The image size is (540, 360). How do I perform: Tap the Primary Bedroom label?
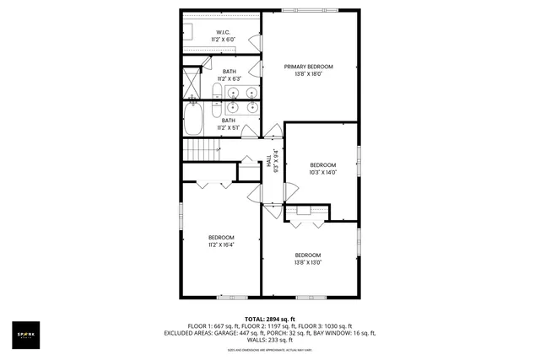[308, 67]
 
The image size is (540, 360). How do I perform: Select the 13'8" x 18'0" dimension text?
[308, 74]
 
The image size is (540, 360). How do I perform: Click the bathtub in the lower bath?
[194, 118]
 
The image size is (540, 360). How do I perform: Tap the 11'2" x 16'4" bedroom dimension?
[221, 245]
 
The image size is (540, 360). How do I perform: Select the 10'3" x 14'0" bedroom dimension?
[322, 172]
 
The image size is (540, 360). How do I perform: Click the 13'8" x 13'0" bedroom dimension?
[308, 262]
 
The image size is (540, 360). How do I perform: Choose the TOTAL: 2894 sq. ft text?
[269, 319]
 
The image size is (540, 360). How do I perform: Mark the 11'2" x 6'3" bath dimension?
[229, 79]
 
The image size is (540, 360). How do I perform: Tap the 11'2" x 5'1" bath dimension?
[229, 128]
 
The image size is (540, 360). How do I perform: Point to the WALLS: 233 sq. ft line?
[270, 340]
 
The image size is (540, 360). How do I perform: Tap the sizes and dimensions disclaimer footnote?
[270, 349]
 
